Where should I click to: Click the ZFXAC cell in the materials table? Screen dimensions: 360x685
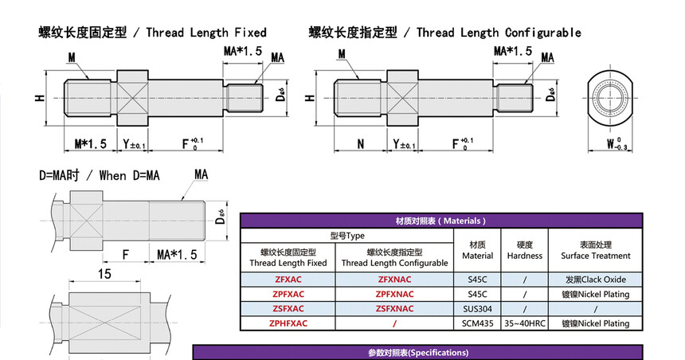tap(288, 280)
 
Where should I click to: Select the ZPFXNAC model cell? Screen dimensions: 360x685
tap(394, 294)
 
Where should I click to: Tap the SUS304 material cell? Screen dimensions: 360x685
tap(478, 308)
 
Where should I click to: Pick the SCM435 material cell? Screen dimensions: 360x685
tap(478, 323)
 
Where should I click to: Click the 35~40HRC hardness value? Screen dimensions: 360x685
tap(524, 323)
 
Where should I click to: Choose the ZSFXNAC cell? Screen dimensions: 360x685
tap(394, 308)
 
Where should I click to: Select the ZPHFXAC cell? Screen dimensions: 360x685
tap(288, 323)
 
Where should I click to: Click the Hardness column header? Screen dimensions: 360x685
tap(524, 250)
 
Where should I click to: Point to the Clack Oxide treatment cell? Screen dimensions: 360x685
tap(595, 280)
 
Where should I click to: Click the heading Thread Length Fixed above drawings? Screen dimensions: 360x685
tap(152, 33)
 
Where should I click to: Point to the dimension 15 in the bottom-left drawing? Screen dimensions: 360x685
tap(104, 273)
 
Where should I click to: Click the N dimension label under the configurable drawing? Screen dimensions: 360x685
tap(361, 144)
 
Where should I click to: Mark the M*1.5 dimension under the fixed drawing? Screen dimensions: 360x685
tap(90, 144)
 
